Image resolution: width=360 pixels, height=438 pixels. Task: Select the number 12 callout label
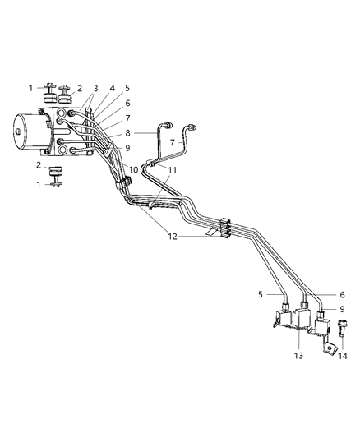pos(173,236)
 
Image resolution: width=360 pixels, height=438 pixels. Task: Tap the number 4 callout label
pos(112,88)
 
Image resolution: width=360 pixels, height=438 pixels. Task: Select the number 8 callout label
pos(127,131)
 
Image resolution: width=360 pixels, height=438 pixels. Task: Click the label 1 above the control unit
pos(30,88)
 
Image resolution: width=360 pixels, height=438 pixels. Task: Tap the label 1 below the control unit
pos(30,184)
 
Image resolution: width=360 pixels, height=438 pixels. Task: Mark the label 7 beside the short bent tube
pos(173,142)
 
